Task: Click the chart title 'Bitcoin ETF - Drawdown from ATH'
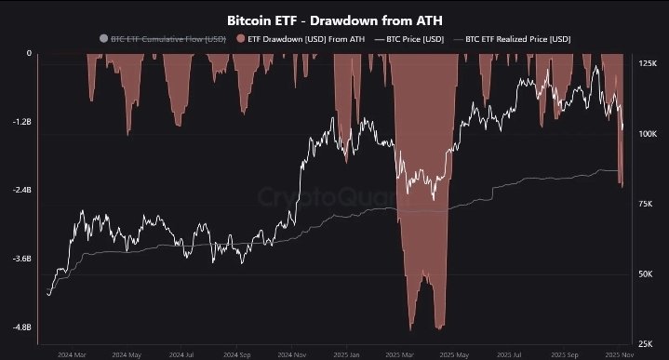pos(334,18)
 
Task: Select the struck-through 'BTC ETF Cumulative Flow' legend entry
pos(154,39)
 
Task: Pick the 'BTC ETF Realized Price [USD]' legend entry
pos(517,39)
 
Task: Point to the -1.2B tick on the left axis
pos(20,122)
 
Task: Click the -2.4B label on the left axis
pos(20,190)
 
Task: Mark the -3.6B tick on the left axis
pos(20,259)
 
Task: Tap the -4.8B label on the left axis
pos(20,327)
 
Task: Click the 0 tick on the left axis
pos(29,53)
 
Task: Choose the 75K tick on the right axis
pos(646,204)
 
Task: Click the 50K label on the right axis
pos(646,273)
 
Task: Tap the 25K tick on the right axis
pos(646,343)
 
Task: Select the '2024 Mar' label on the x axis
pos(72,354)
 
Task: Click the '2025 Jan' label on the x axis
pos(346,354)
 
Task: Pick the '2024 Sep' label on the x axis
pos(236,354)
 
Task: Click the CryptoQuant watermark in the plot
pos(332,198)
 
